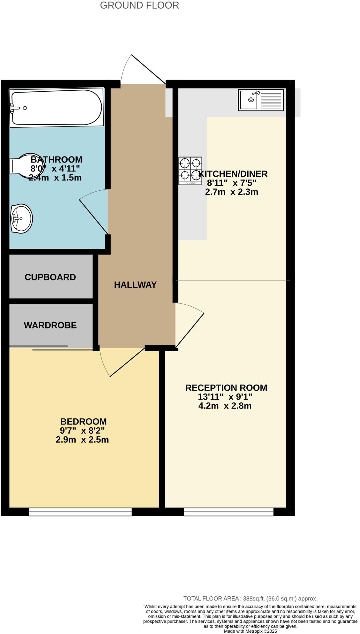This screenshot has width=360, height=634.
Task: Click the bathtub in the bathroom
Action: pyautogui.click(x=56, y=108)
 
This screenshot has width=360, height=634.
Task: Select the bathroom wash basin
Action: pyautogui.click(x=21, y=219)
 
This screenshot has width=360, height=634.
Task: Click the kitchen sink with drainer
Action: pyautogui.click(x=260, y=100)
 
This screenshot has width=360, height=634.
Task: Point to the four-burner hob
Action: pyautogui.click(x=190, y=171)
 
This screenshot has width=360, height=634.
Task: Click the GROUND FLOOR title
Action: pyautogui.click(x=139, y=5)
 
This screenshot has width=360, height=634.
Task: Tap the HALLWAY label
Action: pyautogui.click(x=135, y=285)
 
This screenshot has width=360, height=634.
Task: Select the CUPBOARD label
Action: pyautogui.click(x=50, y=277)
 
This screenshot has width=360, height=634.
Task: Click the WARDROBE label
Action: pyautogui.click(x=50, y=325)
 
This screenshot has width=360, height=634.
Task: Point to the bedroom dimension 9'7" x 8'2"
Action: pyautogui.click(x=82, y=430)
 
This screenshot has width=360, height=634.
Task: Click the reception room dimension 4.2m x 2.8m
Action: pyautogui.click(x=225, y=406)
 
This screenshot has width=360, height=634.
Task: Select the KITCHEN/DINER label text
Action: pyautogui.click(x=233, y=174)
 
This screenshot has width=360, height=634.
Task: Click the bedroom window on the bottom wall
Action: pyautogui.click(x=80, y=512)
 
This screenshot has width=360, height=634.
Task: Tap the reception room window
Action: pyautogui.click(x=229, y=512)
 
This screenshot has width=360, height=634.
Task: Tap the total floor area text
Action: pyautogui.click(x=250, y=599)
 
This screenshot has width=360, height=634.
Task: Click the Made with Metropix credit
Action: pyautogui.click(x=250, y=631)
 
